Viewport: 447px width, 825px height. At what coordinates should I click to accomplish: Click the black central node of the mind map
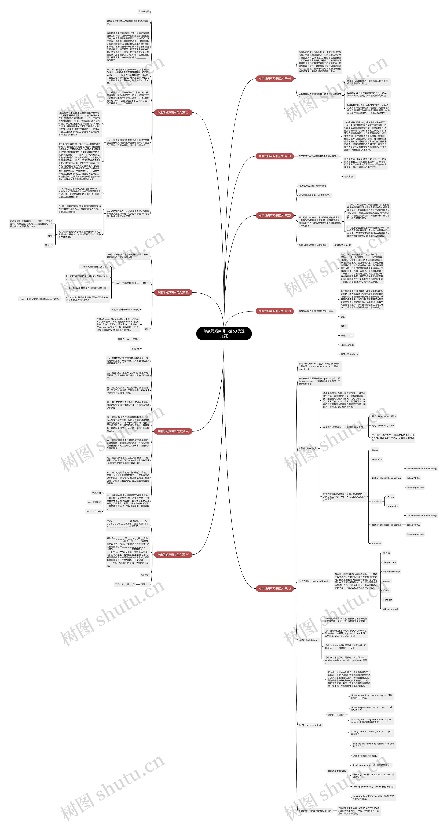(224, 333)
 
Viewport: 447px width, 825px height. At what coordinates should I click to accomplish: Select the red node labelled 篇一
(275, 78)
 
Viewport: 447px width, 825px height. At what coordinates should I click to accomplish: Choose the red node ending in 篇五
(275, 215)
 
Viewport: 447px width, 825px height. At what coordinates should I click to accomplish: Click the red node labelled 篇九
(275, 588)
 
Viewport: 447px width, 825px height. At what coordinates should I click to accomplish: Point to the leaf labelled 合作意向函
(144, 12)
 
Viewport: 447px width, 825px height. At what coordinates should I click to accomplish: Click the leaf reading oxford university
(391, 572)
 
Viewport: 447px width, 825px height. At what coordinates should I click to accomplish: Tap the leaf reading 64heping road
(390, 609)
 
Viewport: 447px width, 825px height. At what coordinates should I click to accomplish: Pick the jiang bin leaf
(387, 600)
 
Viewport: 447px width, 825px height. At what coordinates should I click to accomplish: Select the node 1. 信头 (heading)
(307, 448)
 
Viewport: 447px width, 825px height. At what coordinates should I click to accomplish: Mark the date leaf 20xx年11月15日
(93, 511)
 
